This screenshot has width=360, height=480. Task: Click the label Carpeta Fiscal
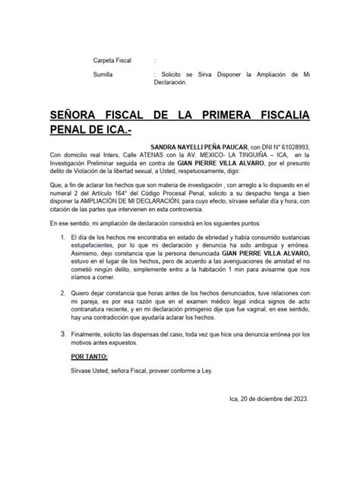point(112,60)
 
